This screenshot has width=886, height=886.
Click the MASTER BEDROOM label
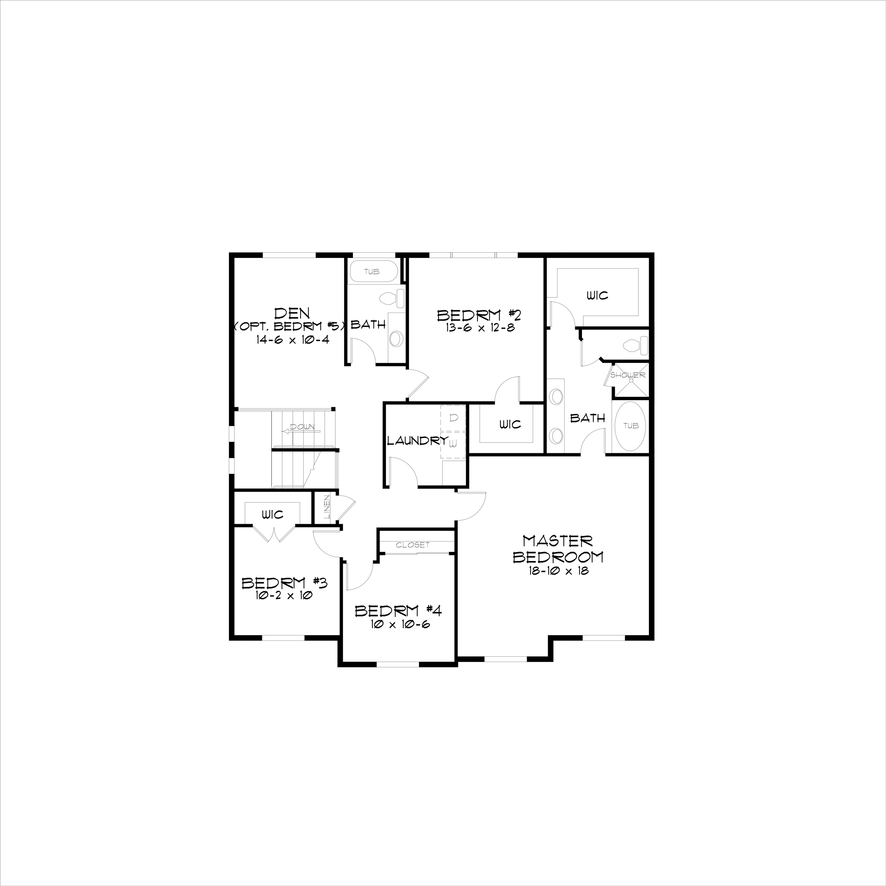pyautogui.click(x=557, y=549)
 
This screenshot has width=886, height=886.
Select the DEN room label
pyautogui.click(x=292, y=313)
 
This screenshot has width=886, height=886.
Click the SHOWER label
pyautogui.click(x=628, y=375)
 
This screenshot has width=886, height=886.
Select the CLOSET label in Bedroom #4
pyautogui.click(x=413, y=545)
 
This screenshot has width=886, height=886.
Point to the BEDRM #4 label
pyautogui.click(x=398, y=611)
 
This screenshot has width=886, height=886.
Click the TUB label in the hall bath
pyautogui.click(x=372, y=271)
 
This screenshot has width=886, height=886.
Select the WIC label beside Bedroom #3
pyautogui.click(x=273, y=515)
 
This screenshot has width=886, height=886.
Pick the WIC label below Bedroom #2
pyautogui.click(x=510, y=424)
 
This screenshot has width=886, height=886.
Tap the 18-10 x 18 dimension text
pyautogui.click(x=557, y=571)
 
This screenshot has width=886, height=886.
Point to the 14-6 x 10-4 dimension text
pyautogui.click(x=293, y=340)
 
